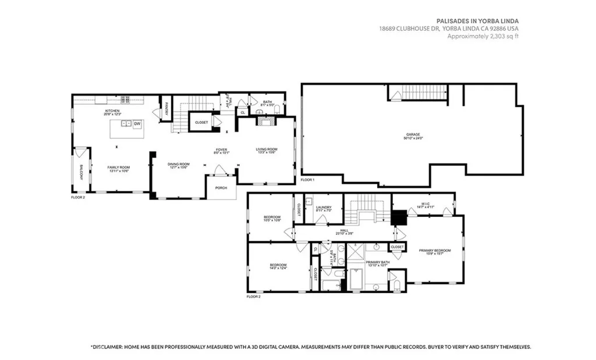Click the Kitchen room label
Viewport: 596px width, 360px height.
click(x=112, y=111)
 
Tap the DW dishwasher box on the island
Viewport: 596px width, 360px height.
click(x=137, y=124)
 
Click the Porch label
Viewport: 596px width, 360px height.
click(x=221, y=188)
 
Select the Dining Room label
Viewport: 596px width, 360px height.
click(x=179, y=165)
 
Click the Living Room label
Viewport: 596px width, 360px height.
click(x=267, y=149)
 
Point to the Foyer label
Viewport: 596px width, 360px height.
click(x=221, y=149)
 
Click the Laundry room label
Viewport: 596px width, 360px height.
click(x=323, y=207)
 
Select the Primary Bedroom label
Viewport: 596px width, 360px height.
click(x=435, y=250)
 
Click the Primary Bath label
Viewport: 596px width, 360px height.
click(x=377, y=262)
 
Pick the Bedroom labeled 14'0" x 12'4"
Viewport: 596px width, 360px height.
click(x=277, y=265)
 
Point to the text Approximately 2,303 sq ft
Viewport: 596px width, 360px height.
click(x=483, y=36)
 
